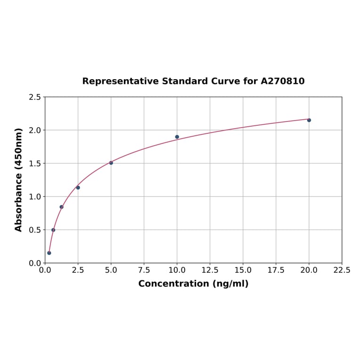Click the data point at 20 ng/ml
pos(309,120)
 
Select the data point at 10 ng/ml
pos(177,137)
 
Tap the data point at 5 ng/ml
pos(111,163)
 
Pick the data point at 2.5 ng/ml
pos(78,188)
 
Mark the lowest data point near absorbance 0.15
pos(49,253)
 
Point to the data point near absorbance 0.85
pos(62,207)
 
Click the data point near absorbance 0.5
pos(53,230)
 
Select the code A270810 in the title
pos(283,82)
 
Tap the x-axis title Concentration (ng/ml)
pos(193,284)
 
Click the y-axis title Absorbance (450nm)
pos(19,180)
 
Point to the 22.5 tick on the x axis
pos(342,270)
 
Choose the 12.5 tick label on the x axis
pos(210,270)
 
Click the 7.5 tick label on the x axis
pos(144,270)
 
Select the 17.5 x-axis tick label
pos(276,270)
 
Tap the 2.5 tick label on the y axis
pos(35,97)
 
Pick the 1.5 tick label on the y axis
pos(35,164)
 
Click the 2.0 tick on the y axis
pos(35,130)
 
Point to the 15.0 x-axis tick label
pos(243,270)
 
